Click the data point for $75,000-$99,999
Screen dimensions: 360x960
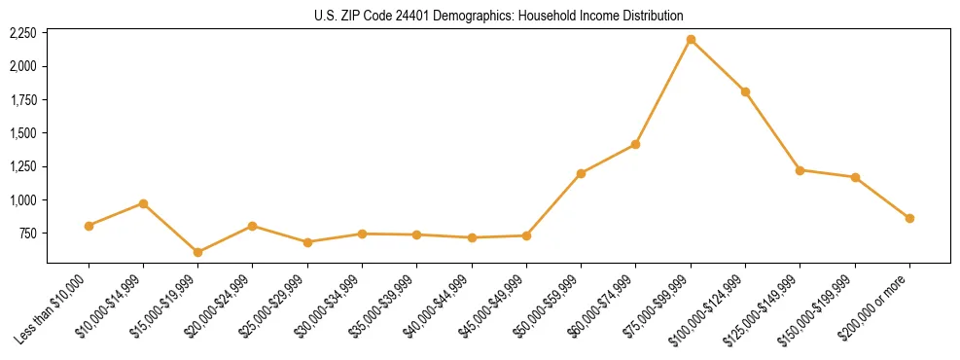click(691, 40)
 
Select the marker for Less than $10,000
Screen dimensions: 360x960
click(89, 226)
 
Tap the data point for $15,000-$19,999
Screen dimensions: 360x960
click(198, 252)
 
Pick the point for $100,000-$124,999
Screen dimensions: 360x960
click(745, 91)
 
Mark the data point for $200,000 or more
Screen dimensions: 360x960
click(909, 218)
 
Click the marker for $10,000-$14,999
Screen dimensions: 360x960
click(143, 203)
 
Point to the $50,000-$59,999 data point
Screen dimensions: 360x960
click(581, 173)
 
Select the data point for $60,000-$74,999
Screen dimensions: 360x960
click(635, 144)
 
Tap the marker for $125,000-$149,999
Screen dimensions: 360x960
click(800, 170)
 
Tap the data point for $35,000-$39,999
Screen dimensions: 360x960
click(416, 234)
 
